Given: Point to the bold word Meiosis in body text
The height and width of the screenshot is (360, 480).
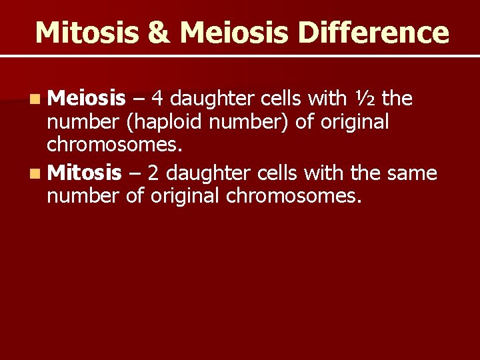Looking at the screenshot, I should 87,99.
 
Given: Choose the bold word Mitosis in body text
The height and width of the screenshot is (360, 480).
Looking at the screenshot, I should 85,173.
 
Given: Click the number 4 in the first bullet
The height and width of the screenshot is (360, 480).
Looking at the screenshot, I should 157,99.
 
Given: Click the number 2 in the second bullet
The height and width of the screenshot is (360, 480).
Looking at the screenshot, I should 153,173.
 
